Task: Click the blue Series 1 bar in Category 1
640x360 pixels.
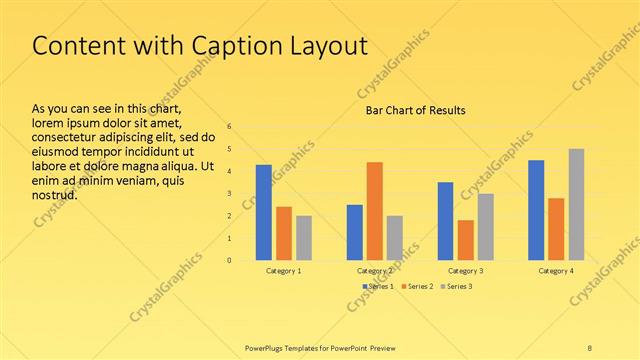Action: click(x=264, y=212)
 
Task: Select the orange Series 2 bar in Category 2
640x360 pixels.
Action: click(x=374, y=211)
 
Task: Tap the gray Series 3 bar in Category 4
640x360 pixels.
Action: click(x=576, y=204)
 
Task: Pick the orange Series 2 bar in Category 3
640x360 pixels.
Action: click(x=465, y=240)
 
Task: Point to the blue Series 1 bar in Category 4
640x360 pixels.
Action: click(x=536, y=210)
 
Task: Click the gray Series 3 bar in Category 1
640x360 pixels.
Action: click(x=304, y=238)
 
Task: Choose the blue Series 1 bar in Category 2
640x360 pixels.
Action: click(x=354, y=232)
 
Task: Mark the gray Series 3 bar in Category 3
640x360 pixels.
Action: click(x=485, y=227)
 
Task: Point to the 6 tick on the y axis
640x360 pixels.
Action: click(x=230, y=127)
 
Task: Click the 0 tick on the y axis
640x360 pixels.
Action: click(x=230, y=261)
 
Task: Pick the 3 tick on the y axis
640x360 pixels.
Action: click(x=230, y=194)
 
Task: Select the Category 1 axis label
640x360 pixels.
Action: click(x=284, y=271)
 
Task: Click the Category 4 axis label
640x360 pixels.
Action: click(x=556, y=271)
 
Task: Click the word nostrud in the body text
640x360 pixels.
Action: click(x=55, y=194)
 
